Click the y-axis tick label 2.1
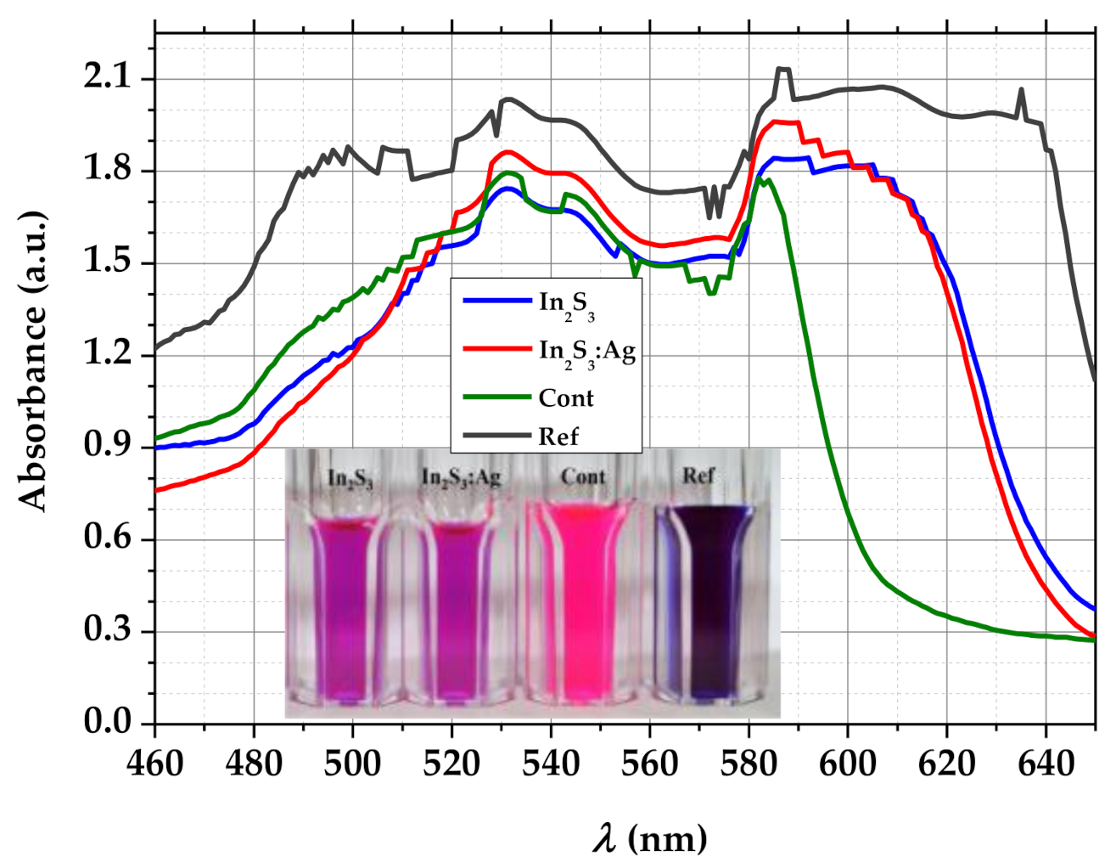point(108,78)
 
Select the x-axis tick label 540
point(550,764)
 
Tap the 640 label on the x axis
point(1046,764)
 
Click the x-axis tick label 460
point(154,764)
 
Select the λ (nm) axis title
point(649,839)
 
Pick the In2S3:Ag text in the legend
point(586,352)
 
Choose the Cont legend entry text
point(566,397)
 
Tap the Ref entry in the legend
point(558,437)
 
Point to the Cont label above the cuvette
point(583,476)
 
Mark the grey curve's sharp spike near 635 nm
point(1021,89)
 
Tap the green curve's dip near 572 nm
point(711,293)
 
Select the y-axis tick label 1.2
point(108,353)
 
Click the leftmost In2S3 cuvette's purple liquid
point(343,612)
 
